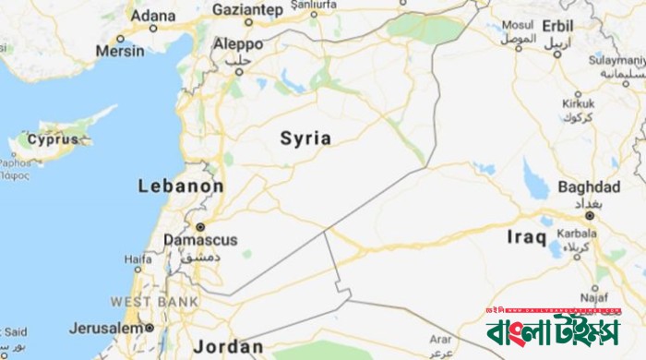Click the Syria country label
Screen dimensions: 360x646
[x=305, y=138]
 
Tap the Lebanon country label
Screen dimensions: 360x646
[x=181, y=186]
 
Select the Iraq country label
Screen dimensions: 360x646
[x=527, y=237]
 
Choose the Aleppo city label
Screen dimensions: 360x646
[x=238, y=42]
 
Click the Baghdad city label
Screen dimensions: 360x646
[x=589, y=186]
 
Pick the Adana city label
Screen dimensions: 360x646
[x=152, y=16]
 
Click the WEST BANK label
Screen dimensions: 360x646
[x=153, y=302]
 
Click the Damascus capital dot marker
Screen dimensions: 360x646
[x=199, y=226]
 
